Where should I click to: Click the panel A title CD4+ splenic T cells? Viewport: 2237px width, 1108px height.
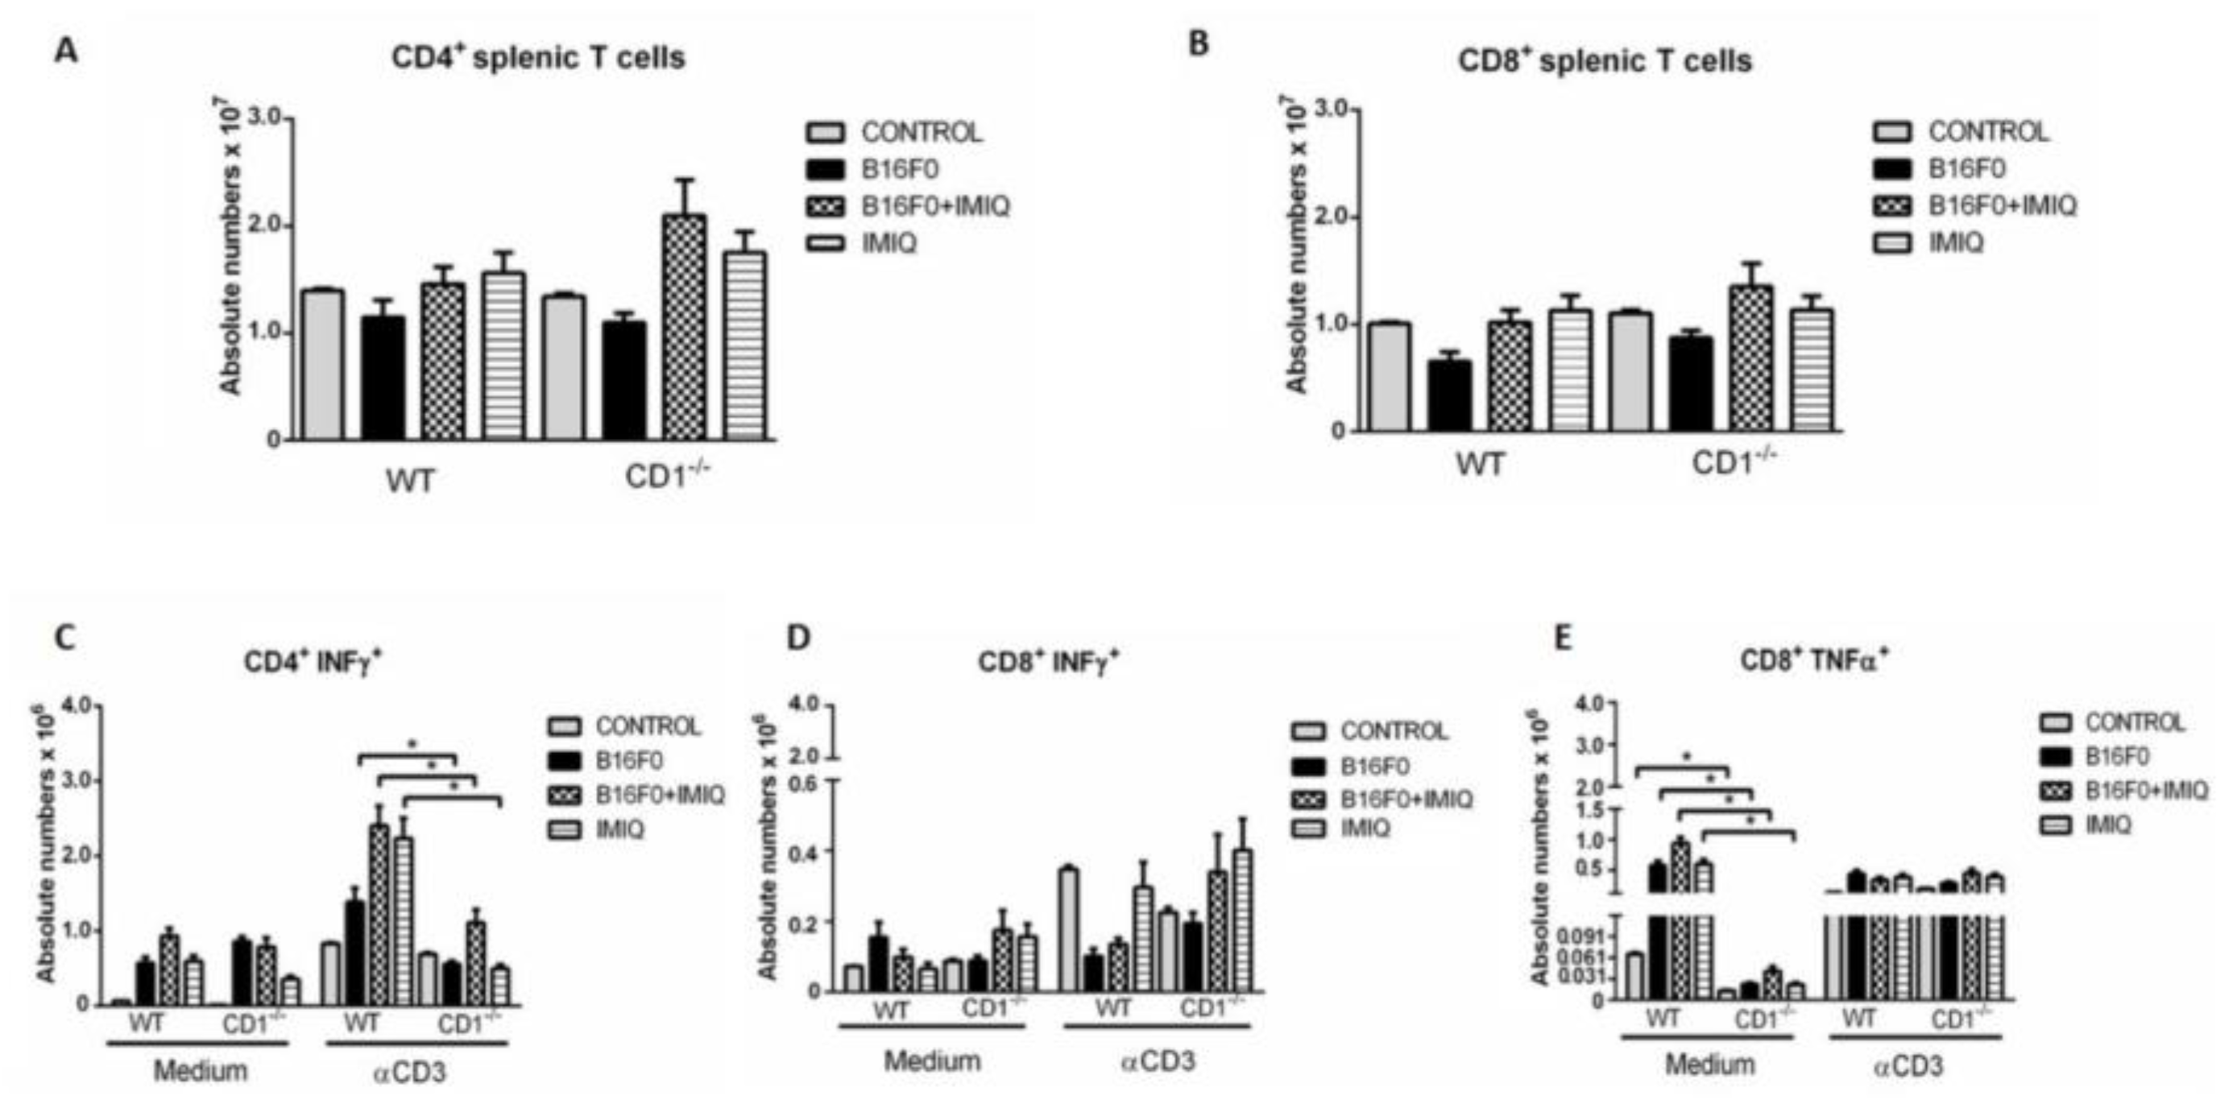click(x=537, y=57)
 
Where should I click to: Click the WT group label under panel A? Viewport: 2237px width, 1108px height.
click(x=410, y=480)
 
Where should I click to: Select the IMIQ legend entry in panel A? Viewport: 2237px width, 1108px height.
click(x=889, y=244)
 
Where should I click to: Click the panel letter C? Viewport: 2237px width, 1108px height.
click(x=65, y=639)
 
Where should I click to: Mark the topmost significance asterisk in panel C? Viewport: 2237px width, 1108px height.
click(x=413, y=745)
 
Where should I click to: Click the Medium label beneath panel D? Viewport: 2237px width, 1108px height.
click(x=932, y=1061)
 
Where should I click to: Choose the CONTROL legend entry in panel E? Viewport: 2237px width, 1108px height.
click(x=2134, y=722)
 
